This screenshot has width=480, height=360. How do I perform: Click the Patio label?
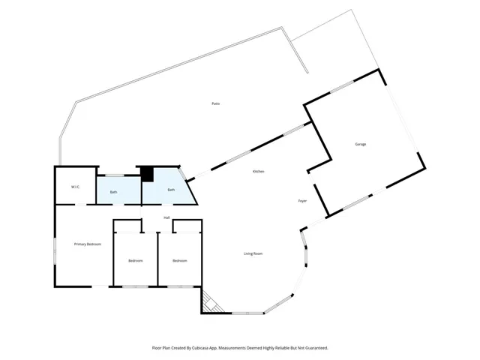[x=215, y=103]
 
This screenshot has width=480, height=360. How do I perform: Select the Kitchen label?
[x=258, y=172]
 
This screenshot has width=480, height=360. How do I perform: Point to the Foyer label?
[x=303, y=201]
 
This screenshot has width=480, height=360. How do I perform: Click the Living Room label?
[x=253, y=253]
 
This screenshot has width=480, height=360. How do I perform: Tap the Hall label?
[x=167, y=217]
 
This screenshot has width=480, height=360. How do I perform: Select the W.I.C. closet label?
[x=76, y=187]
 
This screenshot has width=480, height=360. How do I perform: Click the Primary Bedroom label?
[x=88, y=244]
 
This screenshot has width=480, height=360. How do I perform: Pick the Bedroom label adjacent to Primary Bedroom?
[x=136, y=260]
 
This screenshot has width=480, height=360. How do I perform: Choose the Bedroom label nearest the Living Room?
[x=179, y=260]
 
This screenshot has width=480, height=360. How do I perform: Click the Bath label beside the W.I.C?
[x=114, y=192]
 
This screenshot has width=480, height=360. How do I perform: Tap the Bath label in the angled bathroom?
[x=171, y=190]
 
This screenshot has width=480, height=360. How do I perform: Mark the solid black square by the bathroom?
[x=148, y=174]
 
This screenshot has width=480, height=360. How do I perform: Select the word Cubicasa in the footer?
[x=200, y=348]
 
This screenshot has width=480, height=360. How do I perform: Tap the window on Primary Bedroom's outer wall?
[x=55, y=250]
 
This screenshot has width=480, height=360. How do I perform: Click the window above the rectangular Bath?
[x=114, y=175]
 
